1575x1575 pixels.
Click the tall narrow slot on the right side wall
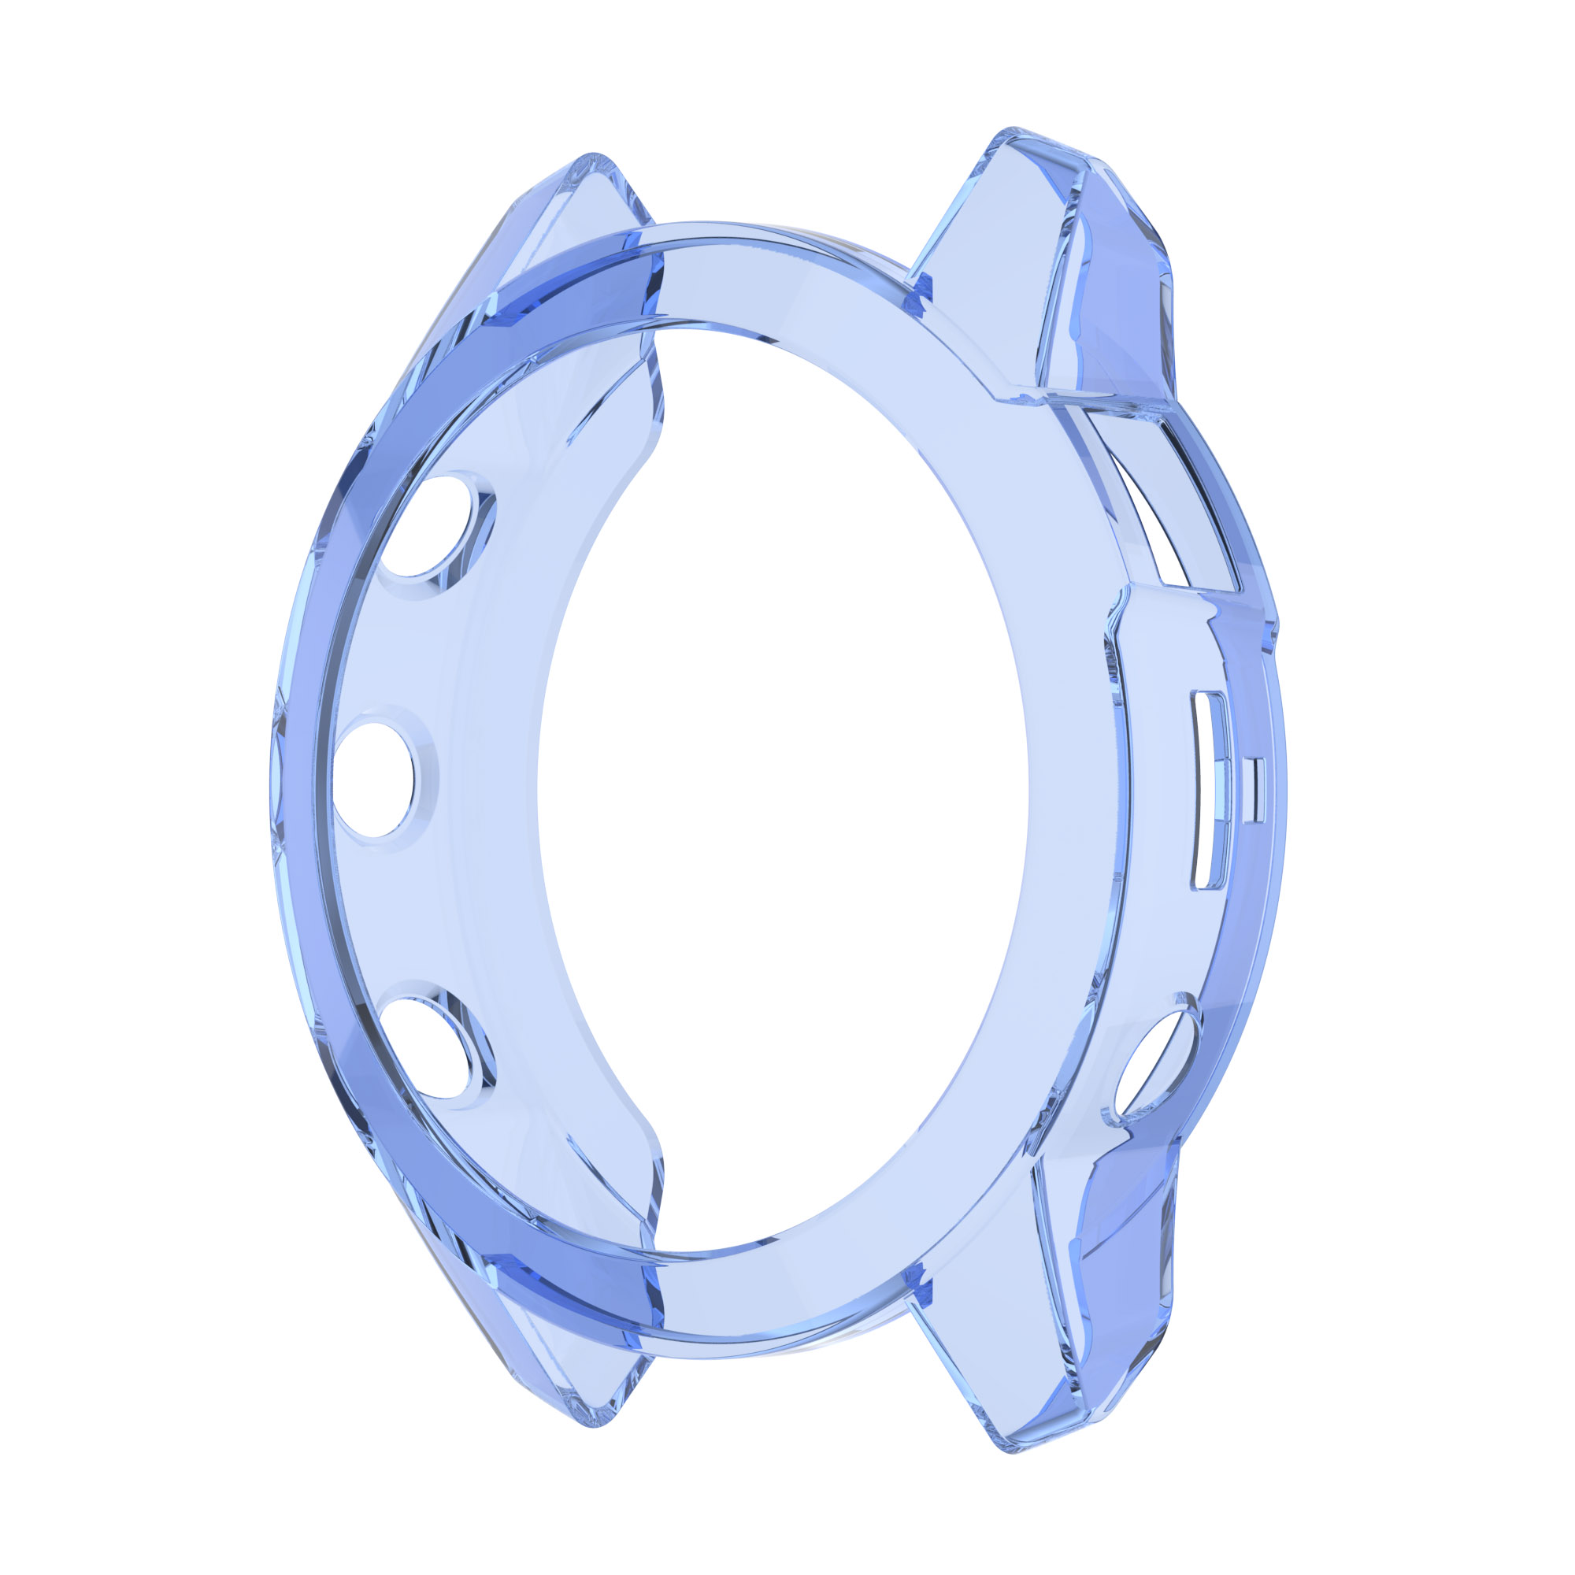[x=1207, y=789]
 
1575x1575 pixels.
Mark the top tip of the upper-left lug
[x=594, y=155]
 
